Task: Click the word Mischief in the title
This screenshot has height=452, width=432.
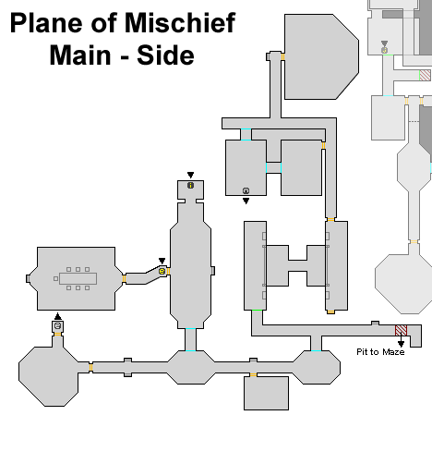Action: pyautogui.click(x=180, y=22)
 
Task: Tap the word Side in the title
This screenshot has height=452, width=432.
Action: pyautogui.click(x=165, y=55)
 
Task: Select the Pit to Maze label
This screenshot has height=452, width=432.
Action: pyautogui.click(x=380, y=352)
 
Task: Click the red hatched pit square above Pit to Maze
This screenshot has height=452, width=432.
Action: pyautogui.click(x=401, y=330)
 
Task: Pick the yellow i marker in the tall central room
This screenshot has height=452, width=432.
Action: pyautogui.click(x=190, y=185)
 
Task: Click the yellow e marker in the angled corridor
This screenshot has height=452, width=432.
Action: pyautogui.click(x=162, y=271)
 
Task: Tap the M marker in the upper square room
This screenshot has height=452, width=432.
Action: pyautogui.click(x=246, y=190)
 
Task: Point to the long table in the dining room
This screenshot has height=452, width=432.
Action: pyautogui.click(x=78, y=278)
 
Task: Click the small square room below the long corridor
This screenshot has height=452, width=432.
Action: pyautogui.click(x=266, y=393)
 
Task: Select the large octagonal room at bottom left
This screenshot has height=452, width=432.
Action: pyautogui.click(x=48, y=376)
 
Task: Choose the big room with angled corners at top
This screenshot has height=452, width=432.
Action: pyautogui.click(x=321, y=56)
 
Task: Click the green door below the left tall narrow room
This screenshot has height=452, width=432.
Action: pyautogui.click(x=257, y=311)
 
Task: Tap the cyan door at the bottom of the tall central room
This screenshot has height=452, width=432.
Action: pyautogui.click(x=190, y=329)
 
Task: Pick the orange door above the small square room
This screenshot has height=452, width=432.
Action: pyautogui.click(x=253, y=374)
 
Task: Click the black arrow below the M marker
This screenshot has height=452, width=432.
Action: pyautogui.click(x=246, y=201)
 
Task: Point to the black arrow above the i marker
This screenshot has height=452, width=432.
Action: pyautogui.click(x=190, y=175)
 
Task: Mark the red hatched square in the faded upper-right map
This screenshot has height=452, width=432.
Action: pyautogui.click(x=425, y=75)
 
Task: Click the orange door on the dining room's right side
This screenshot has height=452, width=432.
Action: pyautogui.click(x=124, y=278)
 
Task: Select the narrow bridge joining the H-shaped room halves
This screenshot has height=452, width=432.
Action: pyautogui.click(x=297, y=265)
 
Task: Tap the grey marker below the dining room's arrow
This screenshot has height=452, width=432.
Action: pyautogui.click(x=57, y=325)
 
